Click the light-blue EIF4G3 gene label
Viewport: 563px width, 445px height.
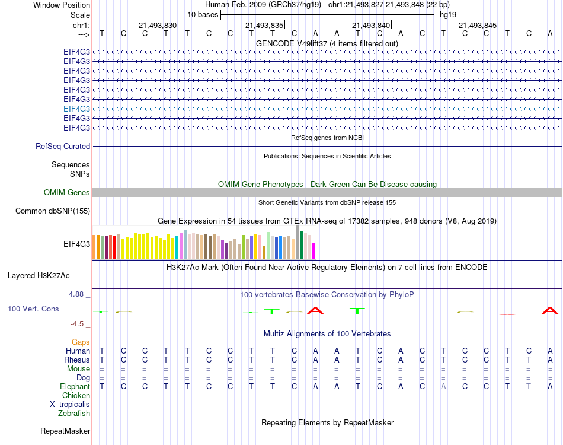[76, 109]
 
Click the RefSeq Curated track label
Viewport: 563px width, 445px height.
[63, 146]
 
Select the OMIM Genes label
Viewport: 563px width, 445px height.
[67, 192]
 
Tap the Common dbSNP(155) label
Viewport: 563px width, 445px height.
[53, 211]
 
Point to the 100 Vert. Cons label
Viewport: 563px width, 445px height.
[33, 309]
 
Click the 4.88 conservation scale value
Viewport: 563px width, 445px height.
[79, 294]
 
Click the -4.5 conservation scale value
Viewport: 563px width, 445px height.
[78, 324]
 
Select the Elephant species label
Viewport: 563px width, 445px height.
[75, 386]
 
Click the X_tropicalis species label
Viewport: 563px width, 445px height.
[70, 404]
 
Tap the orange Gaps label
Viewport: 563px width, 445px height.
[81, 342]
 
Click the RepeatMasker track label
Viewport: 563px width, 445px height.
[65, 431]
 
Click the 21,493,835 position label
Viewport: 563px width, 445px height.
[264, 26]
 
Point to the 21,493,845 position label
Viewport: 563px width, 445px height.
[478, 26]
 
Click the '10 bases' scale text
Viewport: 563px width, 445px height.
[203, 14]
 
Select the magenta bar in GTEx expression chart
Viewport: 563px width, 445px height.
[314, 250]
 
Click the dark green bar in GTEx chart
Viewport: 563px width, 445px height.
[301, 244]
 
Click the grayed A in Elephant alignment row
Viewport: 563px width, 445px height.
[443, 386]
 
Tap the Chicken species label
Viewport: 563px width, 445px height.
[76, 395]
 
